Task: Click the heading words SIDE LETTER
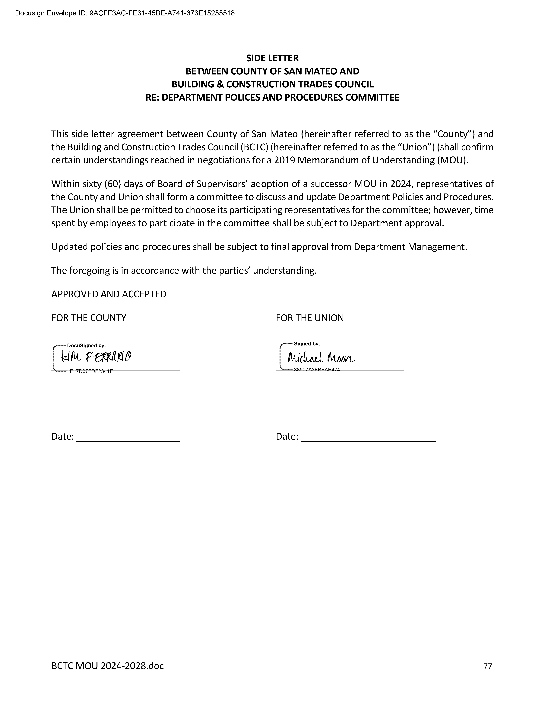(x=273, y=58)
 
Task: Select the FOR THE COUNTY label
(x=89, y=318)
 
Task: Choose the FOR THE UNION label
(x=310, y=318)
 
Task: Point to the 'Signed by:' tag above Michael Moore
(x=307, y=344)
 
